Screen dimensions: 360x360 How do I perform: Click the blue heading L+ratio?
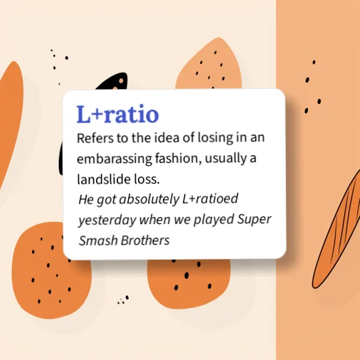117,114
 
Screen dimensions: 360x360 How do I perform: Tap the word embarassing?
115,159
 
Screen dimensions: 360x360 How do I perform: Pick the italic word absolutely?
149,199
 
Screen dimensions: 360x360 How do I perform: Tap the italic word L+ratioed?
210,198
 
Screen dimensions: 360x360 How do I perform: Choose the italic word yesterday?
107,220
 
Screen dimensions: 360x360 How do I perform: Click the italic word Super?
254,220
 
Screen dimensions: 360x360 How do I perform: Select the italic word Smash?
98,240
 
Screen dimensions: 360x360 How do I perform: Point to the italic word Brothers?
145,240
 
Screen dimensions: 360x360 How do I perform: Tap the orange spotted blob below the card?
189,283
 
